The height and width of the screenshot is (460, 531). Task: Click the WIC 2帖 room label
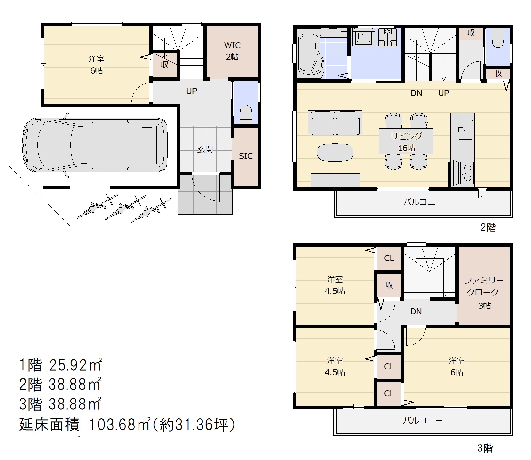pos(232,51)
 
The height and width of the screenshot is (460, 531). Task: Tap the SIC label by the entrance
pos(246,156)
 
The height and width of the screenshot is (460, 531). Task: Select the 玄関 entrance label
pos(205,149)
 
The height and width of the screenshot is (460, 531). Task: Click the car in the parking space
pos(95,145)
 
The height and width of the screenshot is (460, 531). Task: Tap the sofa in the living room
pos(335,123)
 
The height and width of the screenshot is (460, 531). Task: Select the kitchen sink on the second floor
pos(465,130)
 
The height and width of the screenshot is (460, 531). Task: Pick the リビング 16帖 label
pos(406,142)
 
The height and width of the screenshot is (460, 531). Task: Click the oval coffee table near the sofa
pos(335,153)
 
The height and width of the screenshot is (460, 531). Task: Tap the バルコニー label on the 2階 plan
pos(423,202)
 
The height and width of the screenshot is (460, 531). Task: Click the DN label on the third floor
pos(416,312)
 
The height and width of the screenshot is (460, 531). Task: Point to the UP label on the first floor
pos(192,91)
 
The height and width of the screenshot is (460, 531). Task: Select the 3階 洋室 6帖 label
pos(456,367)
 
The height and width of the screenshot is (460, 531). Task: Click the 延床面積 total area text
pos(127,425)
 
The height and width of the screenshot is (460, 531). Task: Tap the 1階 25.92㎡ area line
pos(60,365)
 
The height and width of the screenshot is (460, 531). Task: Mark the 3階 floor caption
pos(485,448)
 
